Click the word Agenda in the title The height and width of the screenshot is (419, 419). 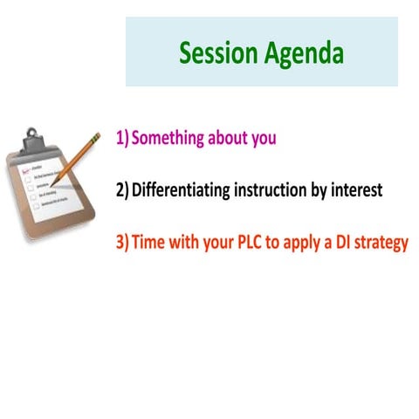pyautogui.click(x=302, y=53)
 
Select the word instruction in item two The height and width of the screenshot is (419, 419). pyautogui.click(x=270, y=189)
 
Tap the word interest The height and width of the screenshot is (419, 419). pyautogui.click(x=356, y=189)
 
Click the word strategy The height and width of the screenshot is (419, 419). pyautogui.click(x=382, y=243)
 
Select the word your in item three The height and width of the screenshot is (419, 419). pyautogui.click(x=213, y=243)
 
